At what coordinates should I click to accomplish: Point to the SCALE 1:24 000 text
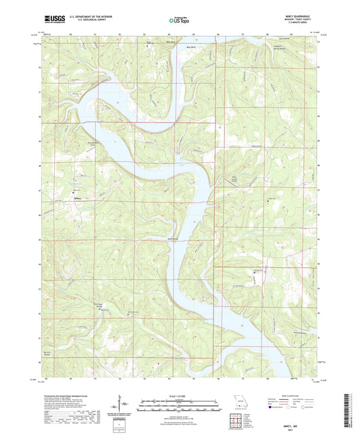coord(178,395)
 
